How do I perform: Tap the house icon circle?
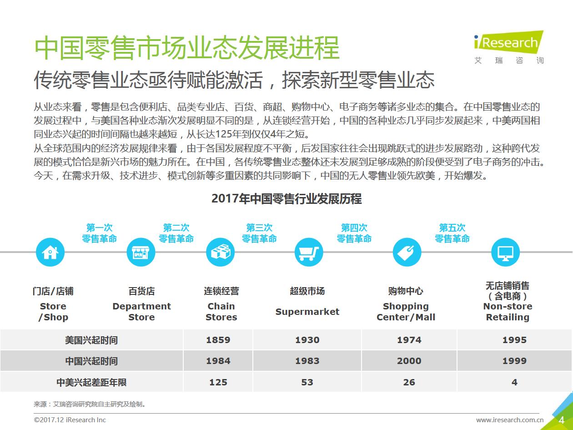click(50, 252)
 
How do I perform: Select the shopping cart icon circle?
click(309, 252)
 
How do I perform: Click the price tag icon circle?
click(407, 252)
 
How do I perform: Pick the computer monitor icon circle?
click(505, 252)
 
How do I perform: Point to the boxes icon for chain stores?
click(220, 252)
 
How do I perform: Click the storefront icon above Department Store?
click(141, 252)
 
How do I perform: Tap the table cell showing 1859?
click(218, 340)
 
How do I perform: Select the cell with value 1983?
click(307, 361)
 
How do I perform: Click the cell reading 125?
click(218, 382)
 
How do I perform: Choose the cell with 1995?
click(514, 340)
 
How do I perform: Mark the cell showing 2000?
click(409, 361)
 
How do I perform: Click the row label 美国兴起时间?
click(91, 340)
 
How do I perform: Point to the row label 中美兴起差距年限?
click(91, 382)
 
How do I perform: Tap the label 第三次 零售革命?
click(259, 233)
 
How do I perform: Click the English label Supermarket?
click(307, 312)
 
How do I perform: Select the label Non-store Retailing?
click(508, 312)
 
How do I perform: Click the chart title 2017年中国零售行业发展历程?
click(286, 199)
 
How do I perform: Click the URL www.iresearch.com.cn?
click(510, 420)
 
